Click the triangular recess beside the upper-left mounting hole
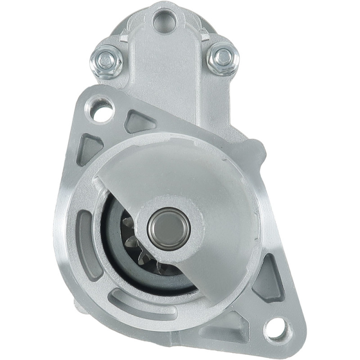[x=139, y=121]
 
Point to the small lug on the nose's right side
[x=257, y=149]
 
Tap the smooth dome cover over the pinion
[x=198, y=180]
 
